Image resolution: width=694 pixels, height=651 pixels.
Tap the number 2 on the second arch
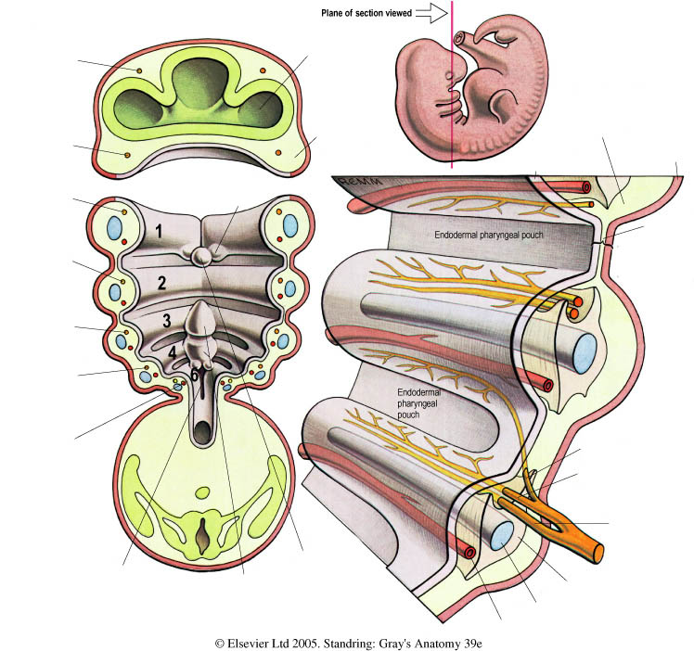point(161,283)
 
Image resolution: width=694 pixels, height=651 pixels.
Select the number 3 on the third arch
point(167,321)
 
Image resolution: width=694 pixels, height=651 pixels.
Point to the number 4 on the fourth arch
point(173,352)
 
